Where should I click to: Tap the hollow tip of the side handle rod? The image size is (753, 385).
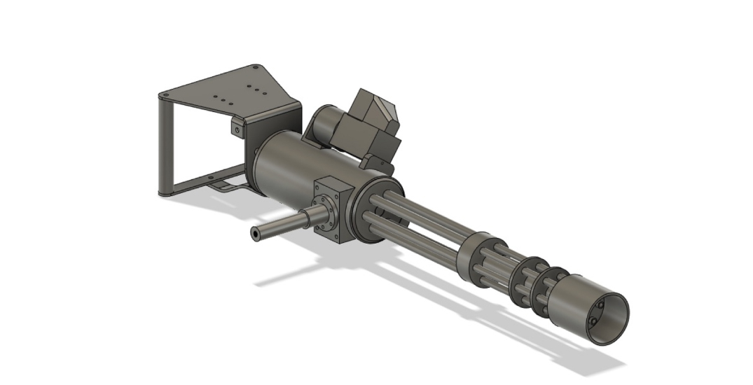pyautogui.click(x=256, y=234)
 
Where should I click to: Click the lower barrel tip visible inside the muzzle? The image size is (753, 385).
pyautogui.click(x=593, y=321)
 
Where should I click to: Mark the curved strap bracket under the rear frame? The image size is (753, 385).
pyautogui.click(x=226, y=186)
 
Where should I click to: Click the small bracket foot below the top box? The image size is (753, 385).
pyautogui.click(x=378, y=164)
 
